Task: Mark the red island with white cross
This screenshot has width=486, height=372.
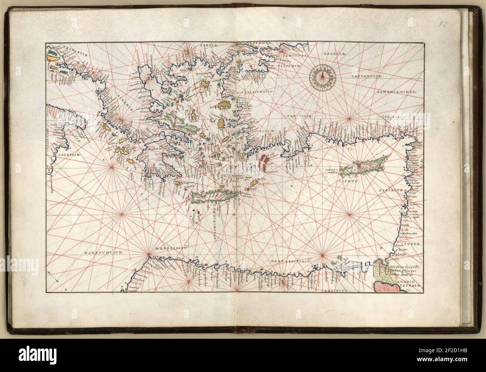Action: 264,163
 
